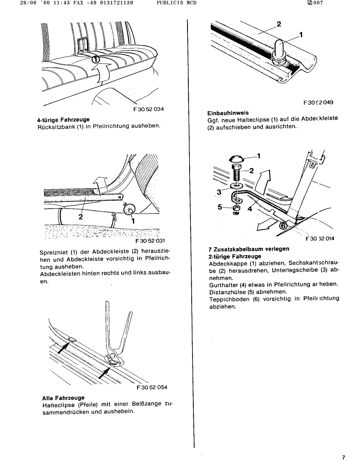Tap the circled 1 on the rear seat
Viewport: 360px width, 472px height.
(x=95, y=60)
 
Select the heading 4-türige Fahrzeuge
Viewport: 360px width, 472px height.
(x=63, y=120)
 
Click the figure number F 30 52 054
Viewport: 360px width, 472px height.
(x=152, y=388)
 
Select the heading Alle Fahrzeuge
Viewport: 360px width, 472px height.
(x=63, y=398)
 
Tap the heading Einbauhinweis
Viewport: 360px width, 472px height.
(x=228, y=113)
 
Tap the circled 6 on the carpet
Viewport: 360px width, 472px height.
(x=282, y=225)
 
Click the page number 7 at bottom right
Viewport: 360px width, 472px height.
(x=344, y=458)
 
